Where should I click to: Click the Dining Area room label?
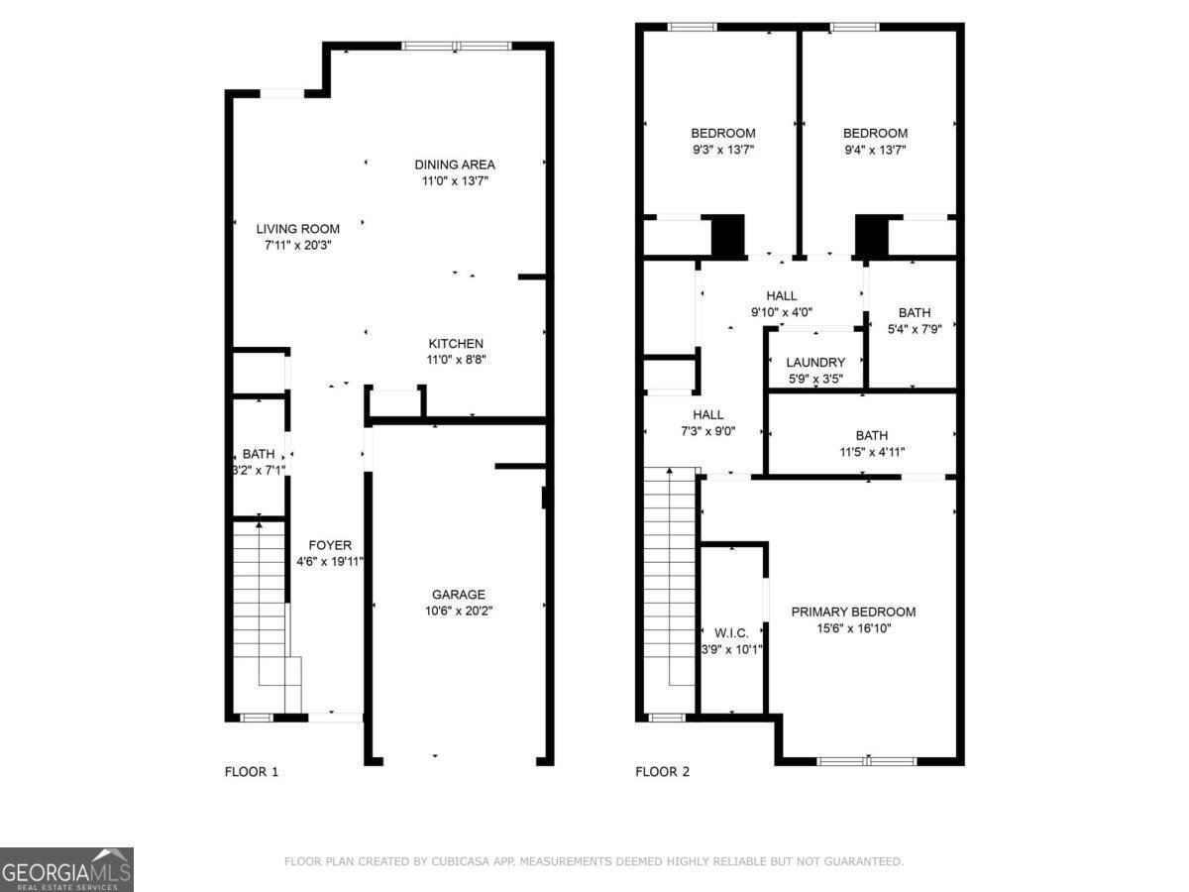(454, 165)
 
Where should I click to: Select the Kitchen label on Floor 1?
(455, 344)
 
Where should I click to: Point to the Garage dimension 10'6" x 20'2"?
(459, 611)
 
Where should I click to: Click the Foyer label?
(330, 545)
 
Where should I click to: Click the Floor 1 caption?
(252, 772)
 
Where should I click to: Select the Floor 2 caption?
(662, 772)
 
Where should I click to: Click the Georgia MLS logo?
(66, 869)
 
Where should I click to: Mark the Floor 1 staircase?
(260, 605)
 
